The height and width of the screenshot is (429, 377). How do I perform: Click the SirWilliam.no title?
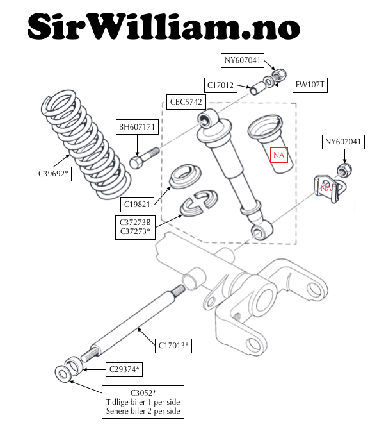(164, 26)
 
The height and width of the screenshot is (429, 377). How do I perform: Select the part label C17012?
(221, 85)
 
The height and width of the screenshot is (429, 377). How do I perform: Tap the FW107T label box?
(310, 85)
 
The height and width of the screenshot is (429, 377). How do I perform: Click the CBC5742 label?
(186, 102)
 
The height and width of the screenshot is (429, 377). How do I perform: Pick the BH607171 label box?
(137, 127)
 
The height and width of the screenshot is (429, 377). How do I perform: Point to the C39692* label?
(53, 174)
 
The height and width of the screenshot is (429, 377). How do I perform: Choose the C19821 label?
(137, 205)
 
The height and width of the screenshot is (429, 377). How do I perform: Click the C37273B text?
(135, 223)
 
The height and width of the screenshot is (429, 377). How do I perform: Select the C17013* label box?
(173, 346)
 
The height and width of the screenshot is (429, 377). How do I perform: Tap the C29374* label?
(124, 369)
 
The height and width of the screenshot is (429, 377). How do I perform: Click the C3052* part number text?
(143, 393)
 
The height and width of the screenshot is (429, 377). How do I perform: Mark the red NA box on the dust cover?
(279, 155)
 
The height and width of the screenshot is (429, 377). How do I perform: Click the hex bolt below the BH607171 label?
(144, 158)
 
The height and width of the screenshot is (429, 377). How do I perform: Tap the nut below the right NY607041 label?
(344, 170)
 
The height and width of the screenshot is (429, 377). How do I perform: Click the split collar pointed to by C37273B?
(198, 203)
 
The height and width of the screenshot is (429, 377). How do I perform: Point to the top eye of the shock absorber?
(207, 117)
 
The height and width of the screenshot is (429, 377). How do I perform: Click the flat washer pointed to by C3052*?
(63, 373)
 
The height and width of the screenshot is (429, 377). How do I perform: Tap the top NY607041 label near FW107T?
(243, 60)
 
